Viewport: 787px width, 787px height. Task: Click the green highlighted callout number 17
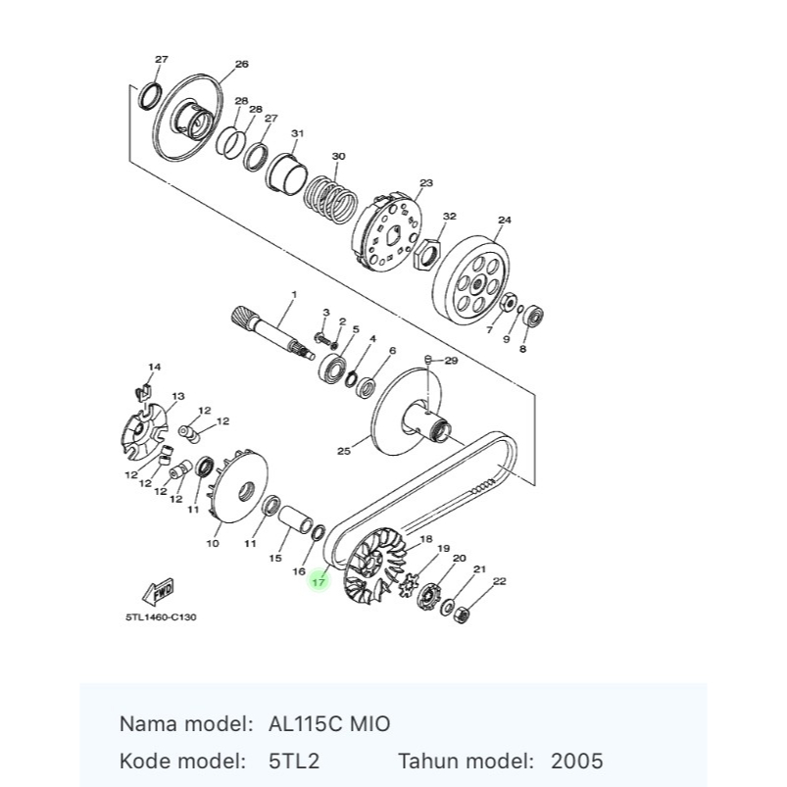(318, 582)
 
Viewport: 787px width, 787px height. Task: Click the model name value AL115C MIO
(328, 724)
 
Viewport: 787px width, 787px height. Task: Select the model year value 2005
(576, 761)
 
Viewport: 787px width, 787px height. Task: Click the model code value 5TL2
(294, 761)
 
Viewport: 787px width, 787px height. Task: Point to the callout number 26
(241, 65)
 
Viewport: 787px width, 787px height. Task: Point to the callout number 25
(343, 452)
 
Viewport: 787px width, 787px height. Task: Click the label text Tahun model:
(466, 761)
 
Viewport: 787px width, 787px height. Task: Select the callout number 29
(451, 361)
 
